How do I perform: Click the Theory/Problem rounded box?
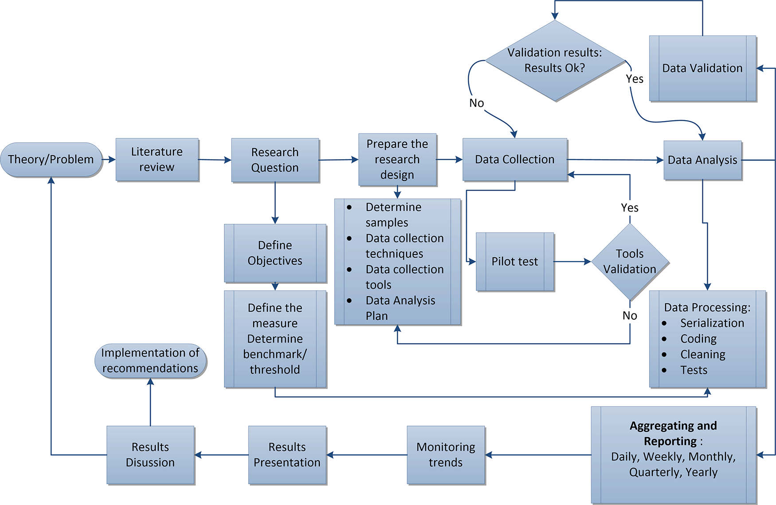[x=51, y=160]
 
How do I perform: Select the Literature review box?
[x=157, y=160]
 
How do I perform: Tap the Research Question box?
[x=275, y=160]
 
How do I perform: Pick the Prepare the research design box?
[x=397, y=160]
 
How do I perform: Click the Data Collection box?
[x=515, y=160]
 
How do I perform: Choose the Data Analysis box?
[x=702, y=160]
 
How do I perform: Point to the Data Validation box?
[x=702, y=68]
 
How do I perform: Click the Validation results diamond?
[x=555, y=61]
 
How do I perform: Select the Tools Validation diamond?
[x=630, y=262]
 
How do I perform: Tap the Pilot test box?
[x=515, y=262]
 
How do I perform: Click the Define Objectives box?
[x=275, y=253]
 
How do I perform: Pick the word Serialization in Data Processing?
[x=712, y=323]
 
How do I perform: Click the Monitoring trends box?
[x=446, y=455]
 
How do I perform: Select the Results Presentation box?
[x=287, y=455]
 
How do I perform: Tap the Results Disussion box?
[x=150, y=455]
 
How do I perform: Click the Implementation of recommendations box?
[x=150, y=361]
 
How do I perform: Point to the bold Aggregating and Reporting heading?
[x=673, y=434]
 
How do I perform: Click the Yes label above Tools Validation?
[x=630, y=208]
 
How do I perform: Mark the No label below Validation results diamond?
[x=477, y=103]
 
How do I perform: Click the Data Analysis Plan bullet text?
[x=400, y=308]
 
